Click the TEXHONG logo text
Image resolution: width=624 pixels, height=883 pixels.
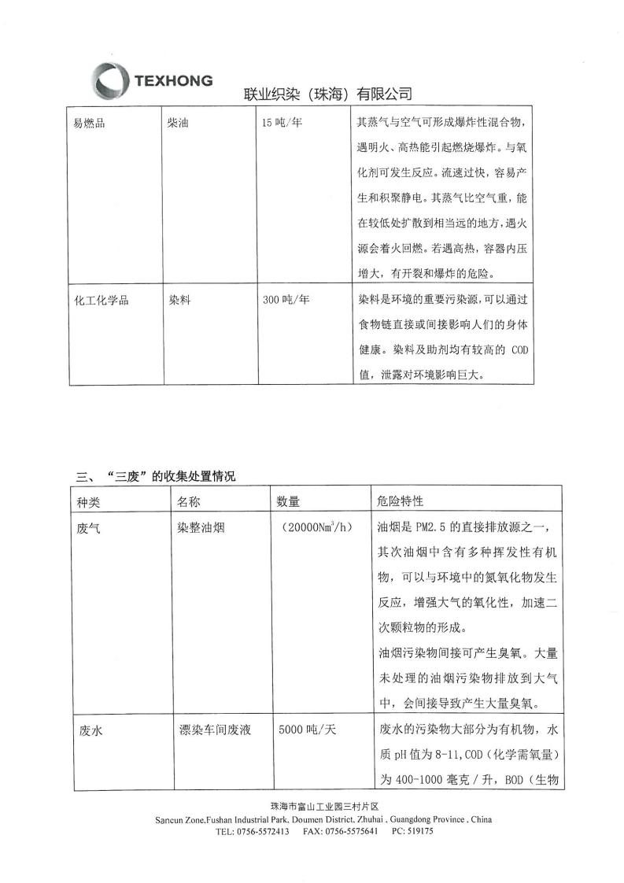(173, 80)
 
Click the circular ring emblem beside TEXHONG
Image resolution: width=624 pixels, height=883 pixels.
(110, 81)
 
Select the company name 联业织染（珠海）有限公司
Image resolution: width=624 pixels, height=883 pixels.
(328, 94)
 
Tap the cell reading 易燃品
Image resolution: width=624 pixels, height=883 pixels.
(90, 124)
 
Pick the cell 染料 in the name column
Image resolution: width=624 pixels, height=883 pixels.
(179, 300)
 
